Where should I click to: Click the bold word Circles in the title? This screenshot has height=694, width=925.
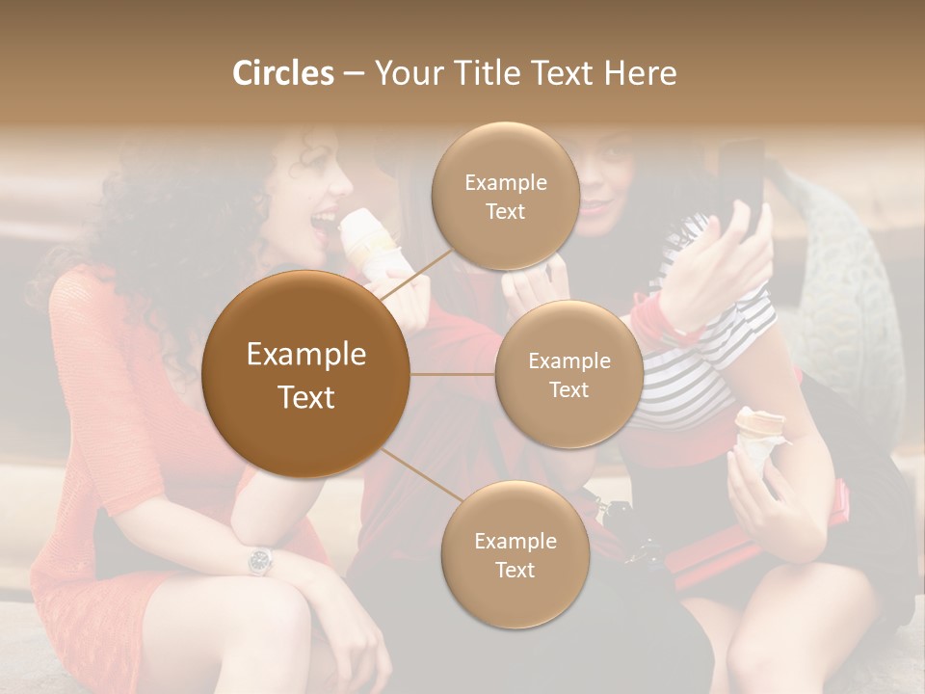click(x=282, y=73)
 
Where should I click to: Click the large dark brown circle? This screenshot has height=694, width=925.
click(x=306, y=374)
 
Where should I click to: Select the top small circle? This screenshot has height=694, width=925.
click(x=505, y=197)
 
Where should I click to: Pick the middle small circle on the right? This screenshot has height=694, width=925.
click(x=568, y=375)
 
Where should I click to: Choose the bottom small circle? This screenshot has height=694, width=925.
click(x=515, y=555)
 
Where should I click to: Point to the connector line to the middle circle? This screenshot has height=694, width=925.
click(x=453, y=374)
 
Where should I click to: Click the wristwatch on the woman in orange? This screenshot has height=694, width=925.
click(x=260, y=560)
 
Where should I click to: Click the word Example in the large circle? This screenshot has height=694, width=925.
click(x=306, y=355)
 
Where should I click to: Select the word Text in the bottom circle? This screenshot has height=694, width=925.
click(x=515, y=570)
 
